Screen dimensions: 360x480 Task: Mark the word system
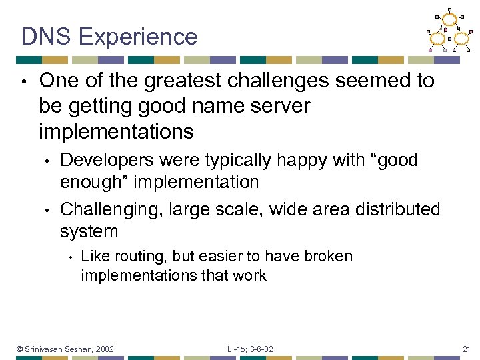89,231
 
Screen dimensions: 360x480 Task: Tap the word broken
329,257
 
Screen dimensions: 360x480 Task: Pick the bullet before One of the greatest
24,82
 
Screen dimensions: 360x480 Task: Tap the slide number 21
466,349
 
